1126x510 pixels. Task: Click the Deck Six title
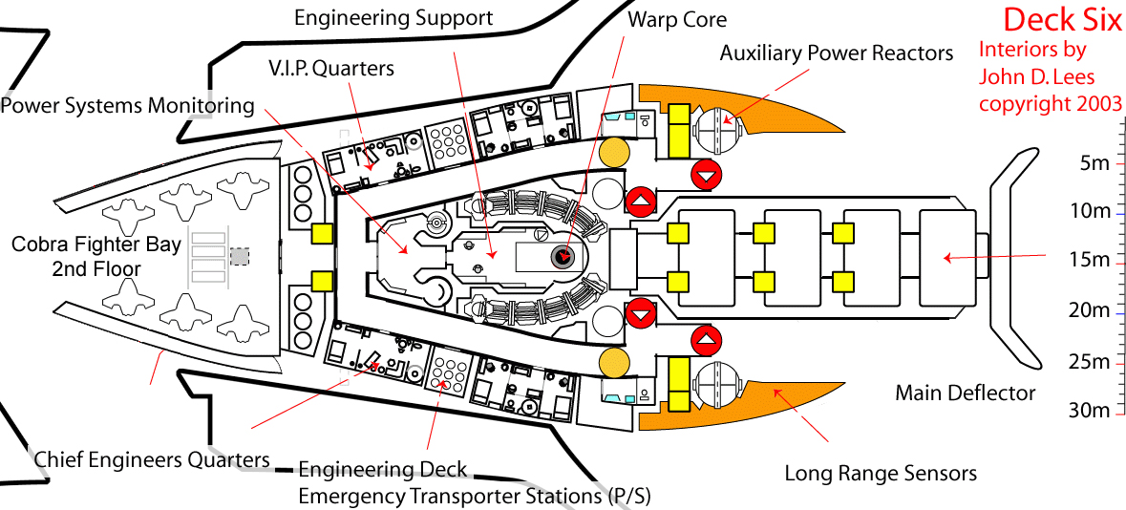click(x=1062, y=19)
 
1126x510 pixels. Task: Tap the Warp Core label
click(x=677, y=19)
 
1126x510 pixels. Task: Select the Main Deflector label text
click(x=965, y=393)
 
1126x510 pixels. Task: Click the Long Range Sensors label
click(x=880, y=473)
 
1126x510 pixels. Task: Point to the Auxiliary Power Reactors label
click(x=836, y=53)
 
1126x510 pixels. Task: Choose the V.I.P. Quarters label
click(x=331, y=69)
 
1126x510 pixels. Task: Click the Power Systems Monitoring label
click(x=128, y=105)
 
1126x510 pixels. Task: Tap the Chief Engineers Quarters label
click(x=152, y=459)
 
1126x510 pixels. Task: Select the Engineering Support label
click(x=393, y=17)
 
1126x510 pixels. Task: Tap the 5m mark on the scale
click(x=1094, y=162)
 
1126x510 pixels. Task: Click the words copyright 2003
click(x=1051, y=103)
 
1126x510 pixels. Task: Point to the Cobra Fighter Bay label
click(x=96, y=256)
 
